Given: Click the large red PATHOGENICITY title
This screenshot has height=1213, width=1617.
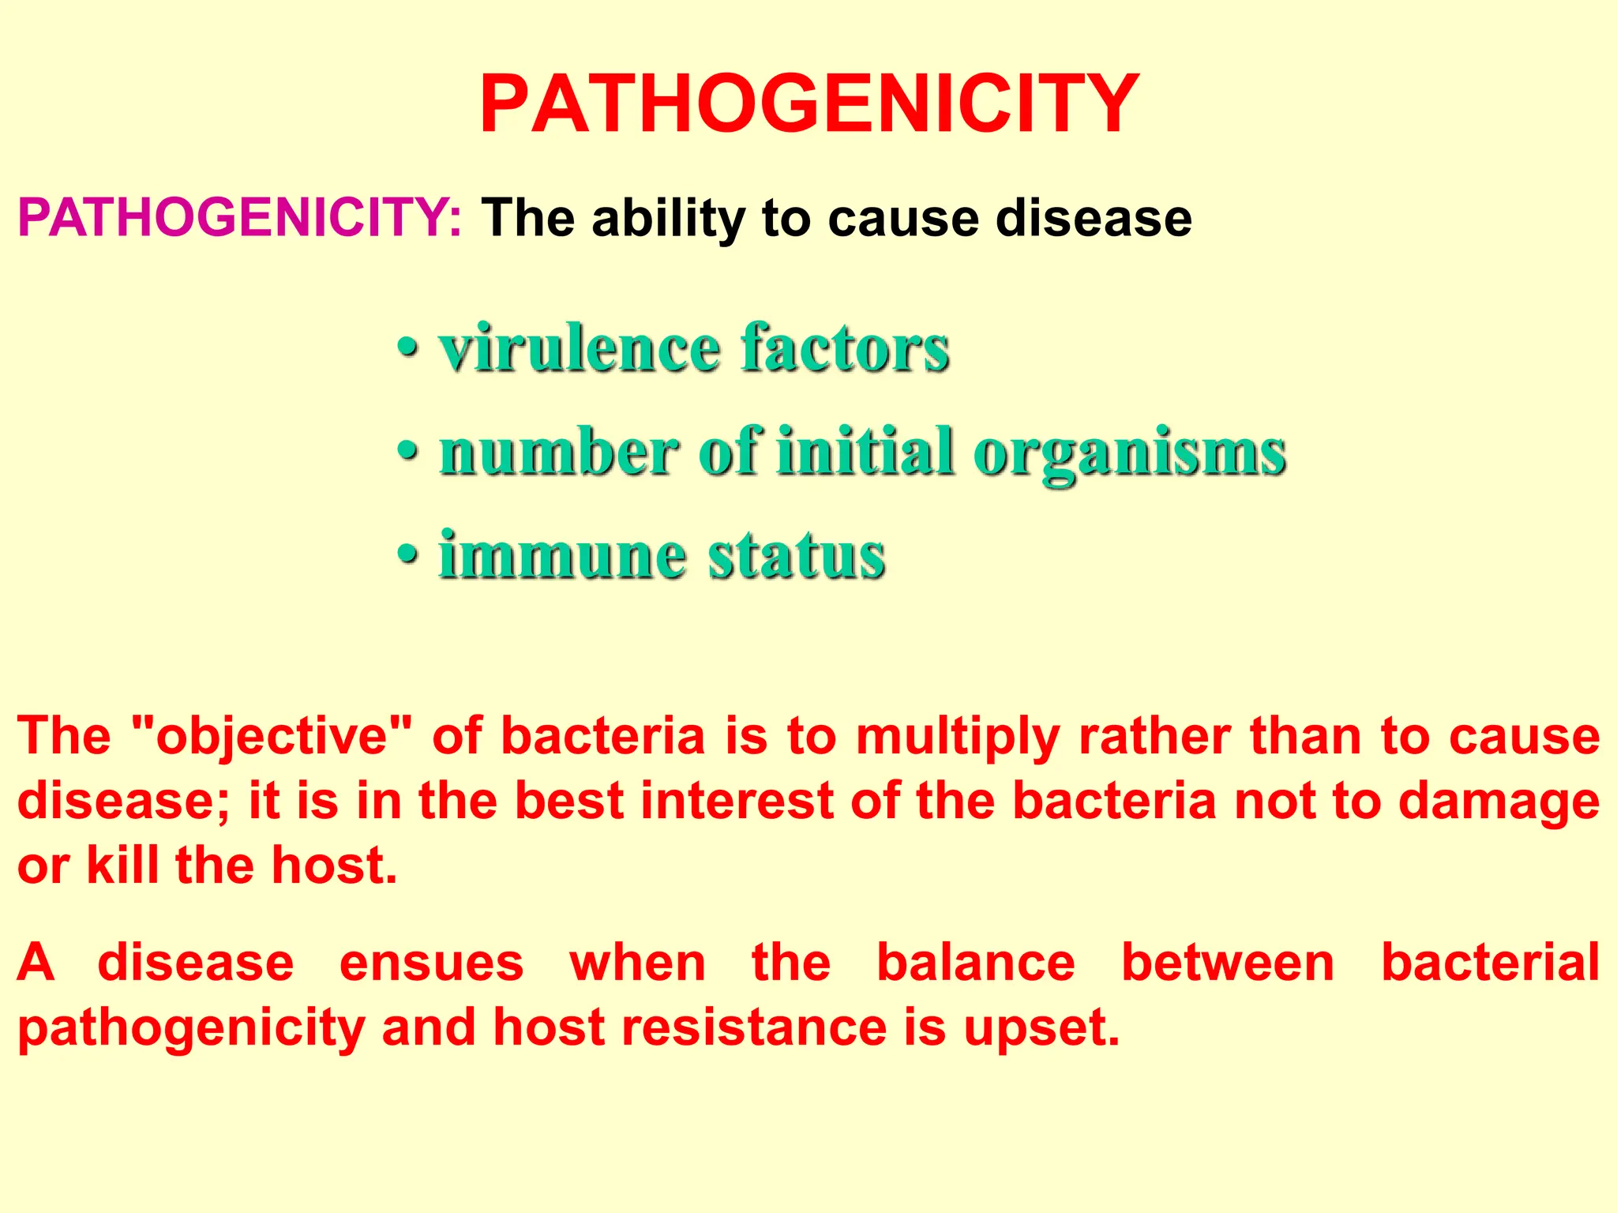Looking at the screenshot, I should click(x=809, y=104).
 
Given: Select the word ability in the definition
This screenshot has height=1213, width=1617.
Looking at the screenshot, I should click(x=667, y=218).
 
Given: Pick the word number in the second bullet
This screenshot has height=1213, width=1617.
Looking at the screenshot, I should click(x=558, y=453).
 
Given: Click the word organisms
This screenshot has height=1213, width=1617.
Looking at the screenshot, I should click(x=1130, y=454).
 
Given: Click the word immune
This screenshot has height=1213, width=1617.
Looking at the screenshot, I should click(x=562, y=555).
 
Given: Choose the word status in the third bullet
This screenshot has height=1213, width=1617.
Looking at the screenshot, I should click(x=796, y=555).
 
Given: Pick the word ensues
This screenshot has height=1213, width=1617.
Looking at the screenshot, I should click(x=431, y=963).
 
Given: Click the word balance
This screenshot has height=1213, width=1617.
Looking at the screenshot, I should click(x=976, y=963).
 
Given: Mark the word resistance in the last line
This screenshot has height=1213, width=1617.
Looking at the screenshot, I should click(x=755, y=1027).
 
